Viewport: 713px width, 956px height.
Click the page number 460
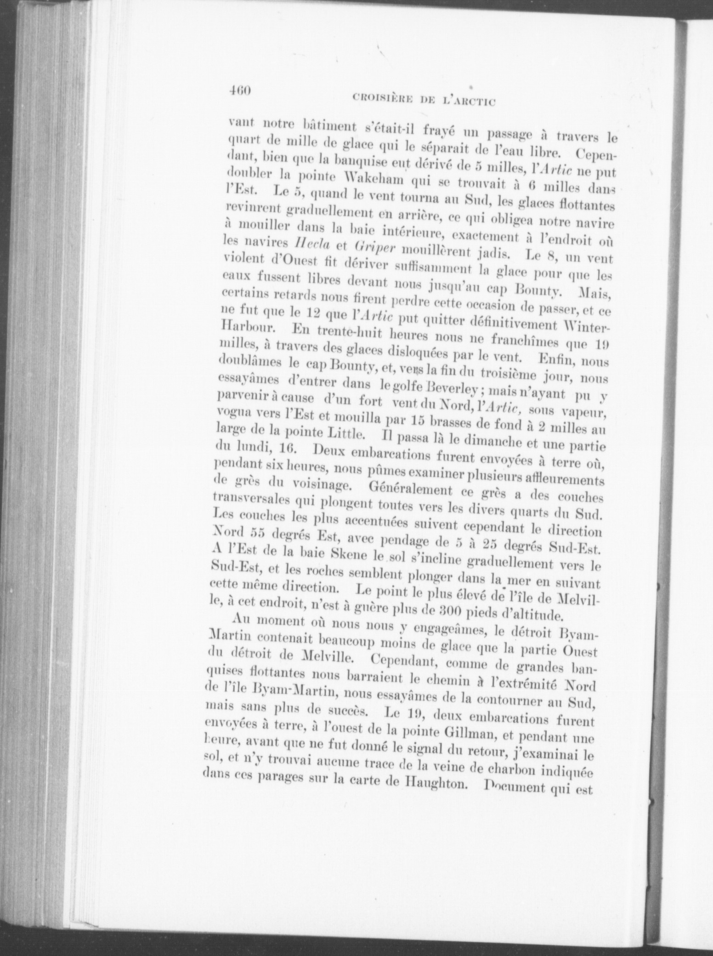tap(239, 91)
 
